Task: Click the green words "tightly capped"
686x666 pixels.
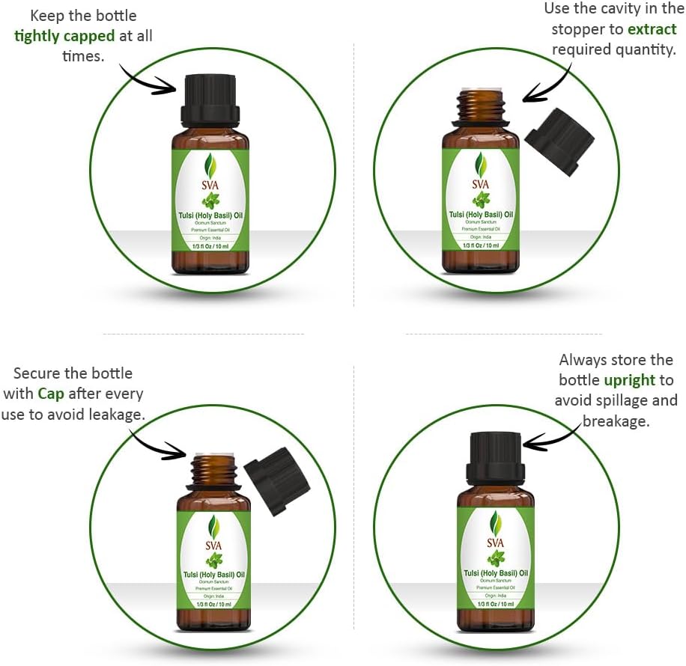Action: coord(65,36)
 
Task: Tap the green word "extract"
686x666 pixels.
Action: coord(652,30)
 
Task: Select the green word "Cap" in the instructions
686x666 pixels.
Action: coord(52,394)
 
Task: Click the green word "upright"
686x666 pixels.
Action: coord(630,380)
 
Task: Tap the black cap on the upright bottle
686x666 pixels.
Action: coord(495,456)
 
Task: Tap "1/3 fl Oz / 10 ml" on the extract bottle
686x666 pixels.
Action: coord(480,245)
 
